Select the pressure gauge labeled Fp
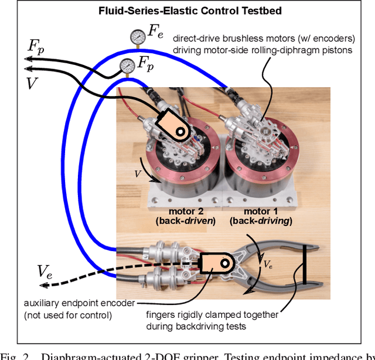click(x=126, y=64)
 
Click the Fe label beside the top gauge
click(x=155, y=33)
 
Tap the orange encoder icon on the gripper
click(x=218, y=264)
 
